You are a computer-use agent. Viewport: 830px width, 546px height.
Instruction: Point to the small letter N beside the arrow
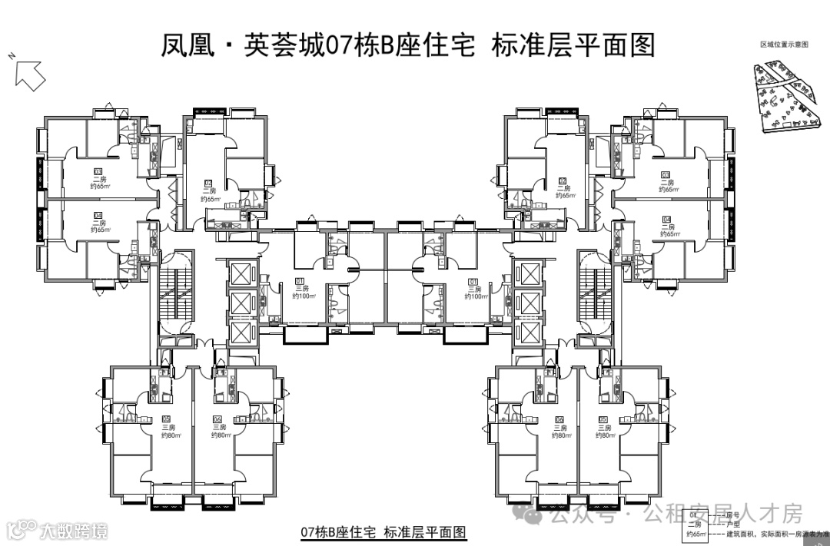point(12,56)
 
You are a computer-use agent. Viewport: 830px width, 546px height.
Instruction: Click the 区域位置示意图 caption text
point(784,45)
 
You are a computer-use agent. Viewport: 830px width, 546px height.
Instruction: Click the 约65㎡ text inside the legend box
point(696,533)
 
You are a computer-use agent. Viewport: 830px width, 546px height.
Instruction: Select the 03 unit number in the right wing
point(666,174)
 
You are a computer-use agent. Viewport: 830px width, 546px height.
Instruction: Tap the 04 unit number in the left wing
point(98,215)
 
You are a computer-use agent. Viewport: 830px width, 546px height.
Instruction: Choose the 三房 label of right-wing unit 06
point(559,427)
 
